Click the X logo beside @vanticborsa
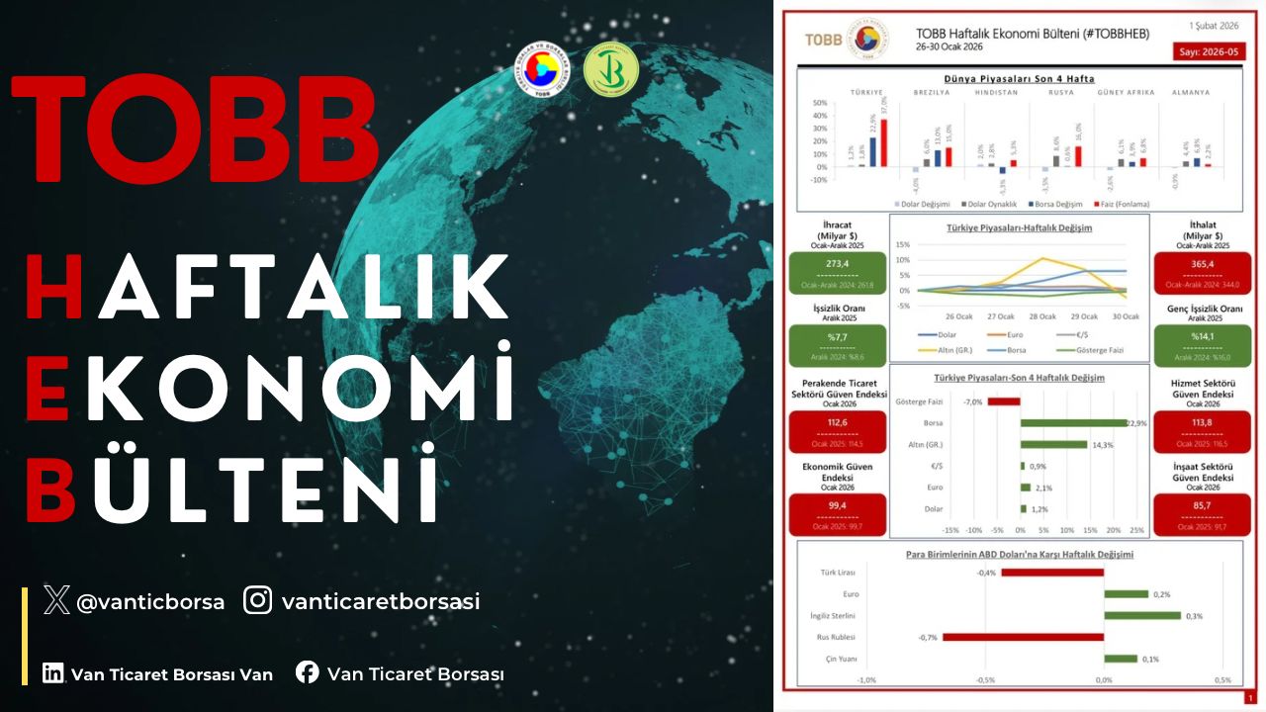pos(57,600)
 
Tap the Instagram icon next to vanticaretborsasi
pos(258,600)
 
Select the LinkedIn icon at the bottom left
pos(53,673)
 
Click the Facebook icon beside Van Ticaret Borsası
pos(308,673)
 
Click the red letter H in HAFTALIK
pos(53,288)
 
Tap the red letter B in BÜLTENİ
pos(50,488)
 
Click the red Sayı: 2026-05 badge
pos(1210,53)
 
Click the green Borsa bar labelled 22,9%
pos(1073,423)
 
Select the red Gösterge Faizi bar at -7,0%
pos(1003,401)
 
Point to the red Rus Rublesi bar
pos(1023,637)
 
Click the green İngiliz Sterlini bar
pos(1142,615)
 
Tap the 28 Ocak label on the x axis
pos(1042,316)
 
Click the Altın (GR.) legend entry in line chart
pos(945,350)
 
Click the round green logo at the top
pos(611,71)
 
